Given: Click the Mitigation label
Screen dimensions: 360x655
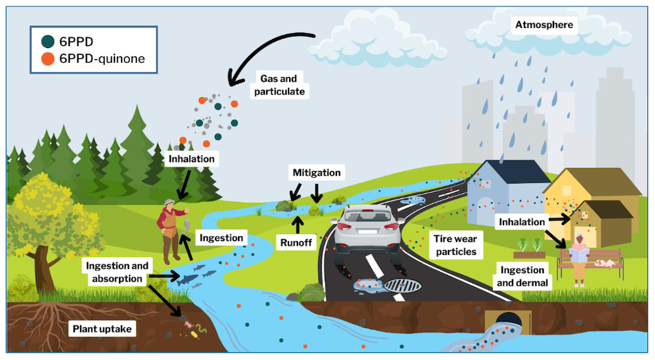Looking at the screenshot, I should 317,173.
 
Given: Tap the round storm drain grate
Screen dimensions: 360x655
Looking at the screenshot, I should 403,285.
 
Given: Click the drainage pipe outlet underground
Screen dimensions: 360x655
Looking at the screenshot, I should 505,320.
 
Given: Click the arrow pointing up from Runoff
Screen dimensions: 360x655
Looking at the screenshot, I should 297,225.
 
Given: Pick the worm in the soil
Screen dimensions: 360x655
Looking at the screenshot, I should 200,330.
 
